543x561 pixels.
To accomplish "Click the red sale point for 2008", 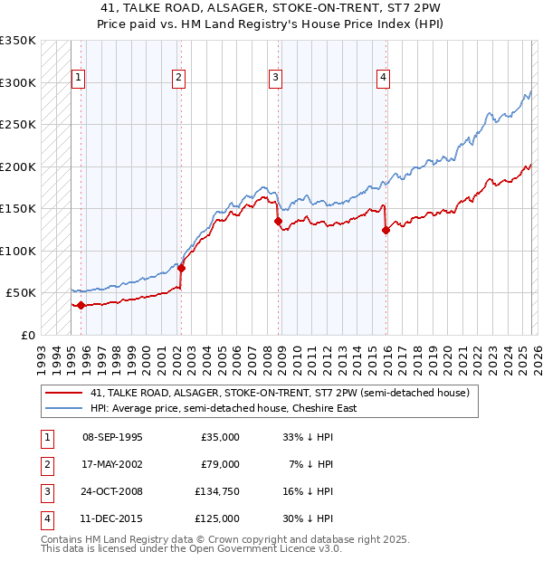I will coord(278,221).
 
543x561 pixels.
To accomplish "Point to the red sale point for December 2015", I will coord(386,230).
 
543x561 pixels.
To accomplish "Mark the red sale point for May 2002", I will coord(181,268).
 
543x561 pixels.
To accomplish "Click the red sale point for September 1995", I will coord(81,305).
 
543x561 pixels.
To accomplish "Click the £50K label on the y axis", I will coord(21,293).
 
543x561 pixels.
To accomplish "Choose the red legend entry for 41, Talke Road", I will coord(279,394).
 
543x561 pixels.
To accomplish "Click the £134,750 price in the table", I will coord(217,491).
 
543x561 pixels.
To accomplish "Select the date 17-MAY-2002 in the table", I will coord(112,464).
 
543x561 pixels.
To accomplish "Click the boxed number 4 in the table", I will coord(46,518).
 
